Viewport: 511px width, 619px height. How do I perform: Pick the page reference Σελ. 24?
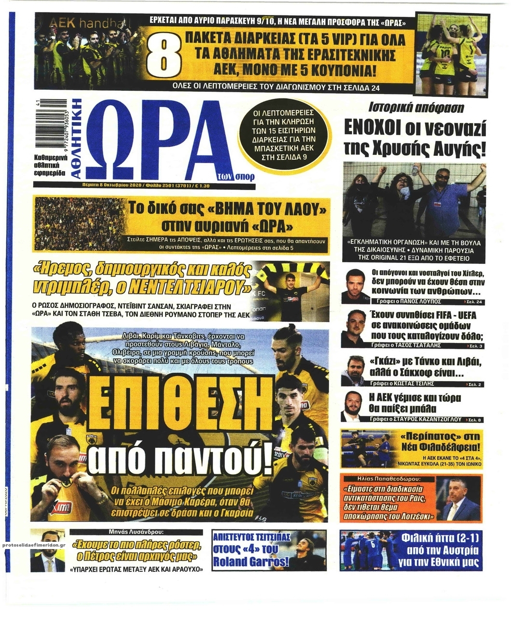point(475,302)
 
